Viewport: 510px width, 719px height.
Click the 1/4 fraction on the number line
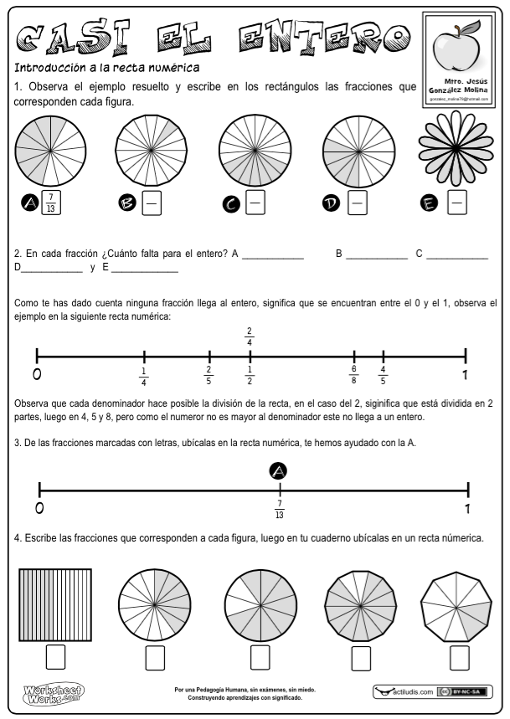pos(143,377)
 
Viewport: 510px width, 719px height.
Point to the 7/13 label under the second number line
pos(279,509)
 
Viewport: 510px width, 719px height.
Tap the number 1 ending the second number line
pos(466,508)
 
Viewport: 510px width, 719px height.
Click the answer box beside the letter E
pos(457,202)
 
